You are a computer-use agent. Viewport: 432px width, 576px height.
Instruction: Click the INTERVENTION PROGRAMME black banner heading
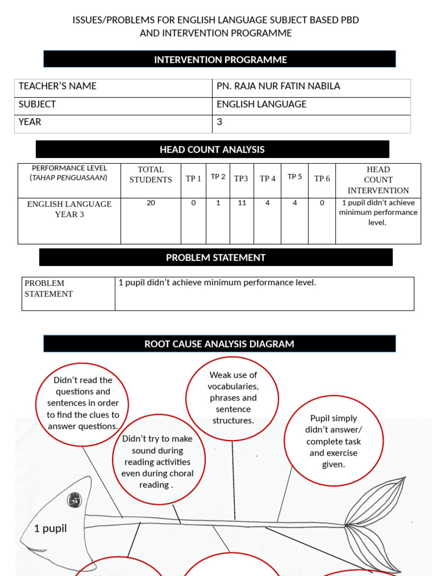pos(220,60)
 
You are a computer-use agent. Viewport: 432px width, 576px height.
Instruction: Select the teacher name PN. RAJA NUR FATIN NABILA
pos(278,86)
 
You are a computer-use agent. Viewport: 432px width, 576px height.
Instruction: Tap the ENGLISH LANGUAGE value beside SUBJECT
pos(262,104)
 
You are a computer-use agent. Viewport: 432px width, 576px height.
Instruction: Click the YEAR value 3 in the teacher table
pos(219,121)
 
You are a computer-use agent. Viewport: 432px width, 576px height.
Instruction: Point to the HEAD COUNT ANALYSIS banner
pos(212,150)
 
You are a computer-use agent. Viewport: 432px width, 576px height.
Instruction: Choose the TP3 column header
pos(241,179)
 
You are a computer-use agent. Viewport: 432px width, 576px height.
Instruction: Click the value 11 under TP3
pos(242,203)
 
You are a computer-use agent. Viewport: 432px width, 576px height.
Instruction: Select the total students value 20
pos(151,203)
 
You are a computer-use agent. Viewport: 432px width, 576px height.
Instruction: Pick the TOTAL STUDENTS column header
pos(151,174)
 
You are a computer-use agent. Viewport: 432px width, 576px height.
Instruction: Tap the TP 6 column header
pos(322,179)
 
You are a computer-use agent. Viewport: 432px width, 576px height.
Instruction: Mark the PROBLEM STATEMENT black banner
pos(215,258)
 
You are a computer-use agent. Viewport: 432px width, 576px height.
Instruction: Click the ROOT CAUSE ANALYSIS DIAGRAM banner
pos(219,344)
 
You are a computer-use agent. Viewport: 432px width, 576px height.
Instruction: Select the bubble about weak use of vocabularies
pos(233,398)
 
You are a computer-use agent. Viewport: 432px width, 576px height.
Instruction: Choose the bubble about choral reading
pos(157,461)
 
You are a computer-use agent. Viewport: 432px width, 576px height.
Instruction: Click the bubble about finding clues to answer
pos(83,403)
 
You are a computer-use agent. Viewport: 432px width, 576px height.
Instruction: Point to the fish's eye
pos(74,499)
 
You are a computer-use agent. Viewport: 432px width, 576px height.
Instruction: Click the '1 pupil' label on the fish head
pos(51,528)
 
